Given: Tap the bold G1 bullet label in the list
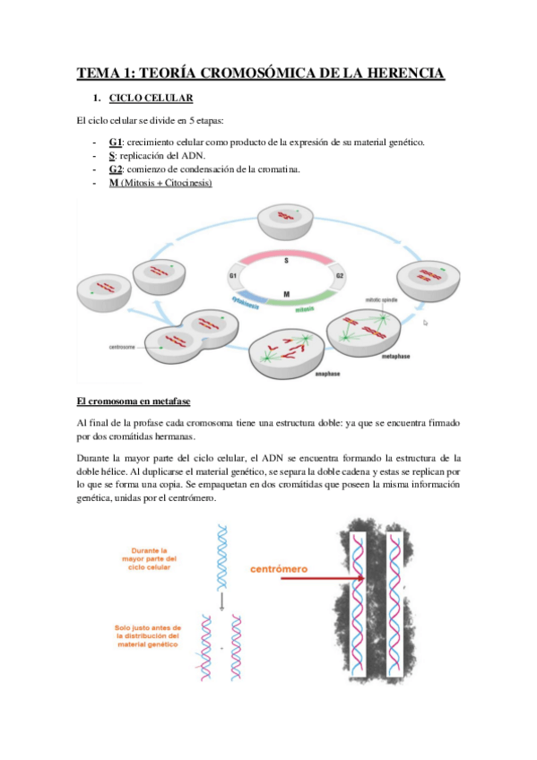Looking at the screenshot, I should click(x=115, y=142).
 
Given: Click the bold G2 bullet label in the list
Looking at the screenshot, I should click(x=115, y=169).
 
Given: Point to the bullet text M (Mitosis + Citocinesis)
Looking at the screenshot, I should click(x=160, y=183).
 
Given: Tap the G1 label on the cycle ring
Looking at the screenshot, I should click(x=233, y=276).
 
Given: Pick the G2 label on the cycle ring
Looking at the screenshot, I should click(x=339, y=276).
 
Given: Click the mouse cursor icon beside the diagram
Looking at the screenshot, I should click(x=426, y=323).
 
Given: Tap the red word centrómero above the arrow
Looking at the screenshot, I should click(x=281, y=568).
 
